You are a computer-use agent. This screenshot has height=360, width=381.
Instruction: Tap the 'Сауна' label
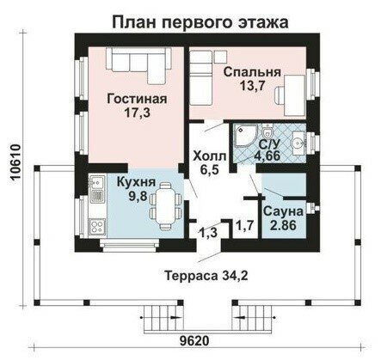click(283, 211)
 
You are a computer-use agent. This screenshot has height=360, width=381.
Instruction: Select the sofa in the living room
click(135, 64)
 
